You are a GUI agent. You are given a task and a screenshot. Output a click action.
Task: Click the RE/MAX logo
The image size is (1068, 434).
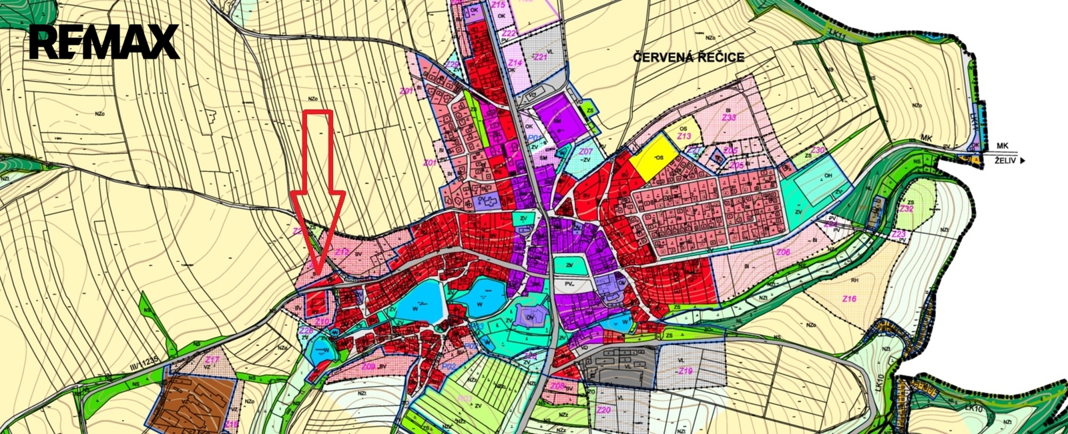(104, 42)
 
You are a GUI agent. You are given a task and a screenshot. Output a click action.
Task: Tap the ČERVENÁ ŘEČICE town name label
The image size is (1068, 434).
(688, 57)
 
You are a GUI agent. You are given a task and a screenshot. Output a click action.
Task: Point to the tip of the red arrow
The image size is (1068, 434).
(318, 273)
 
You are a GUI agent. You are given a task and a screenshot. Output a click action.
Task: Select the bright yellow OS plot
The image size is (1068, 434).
(654, 157)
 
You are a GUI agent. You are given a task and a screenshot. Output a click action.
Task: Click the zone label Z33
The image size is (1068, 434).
(729, 117)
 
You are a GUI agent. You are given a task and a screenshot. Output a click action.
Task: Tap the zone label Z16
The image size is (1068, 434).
(849, 299)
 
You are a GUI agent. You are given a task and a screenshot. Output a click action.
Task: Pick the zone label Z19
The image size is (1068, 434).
(685, 371)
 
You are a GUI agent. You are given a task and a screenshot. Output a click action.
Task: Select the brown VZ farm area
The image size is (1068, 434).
(192, 402)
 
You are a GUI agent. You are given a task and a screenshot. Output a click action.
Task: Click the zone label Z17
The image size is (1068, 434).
(212, 360)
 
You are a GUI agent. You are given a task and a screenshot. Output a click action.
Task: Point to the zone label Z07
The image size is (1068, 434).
(585, 152)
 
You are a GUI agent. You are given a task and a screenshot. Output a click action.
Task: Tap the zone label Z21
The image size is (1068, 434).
(540, 57)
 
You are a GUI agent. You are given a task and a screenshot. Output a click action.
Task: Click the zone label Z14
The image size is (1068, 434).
(515, 63)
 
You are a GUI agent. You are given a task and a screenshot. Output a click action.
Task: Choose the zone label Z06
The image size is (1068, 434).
(783, 252)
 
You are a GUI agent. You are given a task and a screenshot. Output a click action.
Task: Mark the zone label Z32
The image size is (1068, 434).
(906, 209)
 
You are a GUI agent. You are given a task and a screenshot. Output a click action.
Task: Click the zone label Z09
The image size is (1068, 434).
(367, 367)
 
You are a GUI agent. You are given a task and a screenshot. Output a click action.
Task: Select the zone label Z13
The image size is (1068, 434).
(684, 136)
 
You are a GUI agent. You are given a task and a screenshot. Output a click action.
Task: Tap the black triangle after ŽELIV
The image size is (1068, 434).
(1022, 161)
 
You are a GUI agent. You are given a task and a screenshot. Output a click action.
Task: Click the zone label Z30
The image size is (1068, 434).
(818, 150)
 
